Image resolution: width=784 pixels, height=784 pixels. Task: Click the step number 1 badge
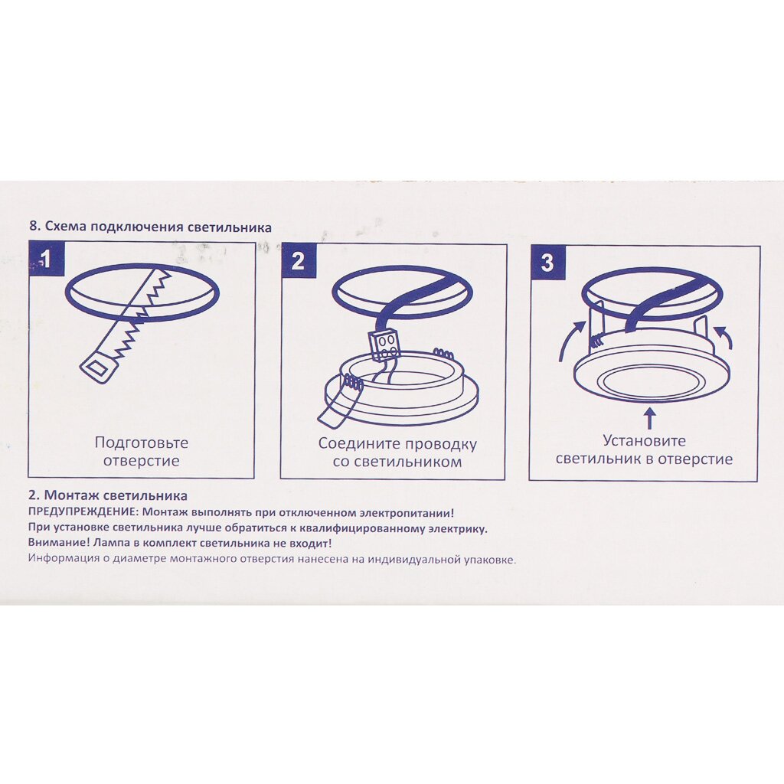point(47,259)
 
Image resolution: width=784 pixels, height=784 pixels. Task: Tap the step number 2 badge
point(298,260)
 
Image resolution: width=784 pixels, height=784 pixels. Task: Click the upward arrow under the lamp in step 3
point(649,418)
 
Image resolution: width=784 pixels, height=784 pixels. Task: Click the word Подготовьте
point(142,443)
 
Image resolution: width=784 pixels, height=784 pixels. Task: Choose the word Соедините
point(359,444)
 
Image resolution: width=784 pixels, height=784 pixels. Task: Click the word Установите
point(644,440)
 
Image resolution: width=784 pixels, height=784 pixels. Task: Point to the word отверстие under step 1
point(142,460)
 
